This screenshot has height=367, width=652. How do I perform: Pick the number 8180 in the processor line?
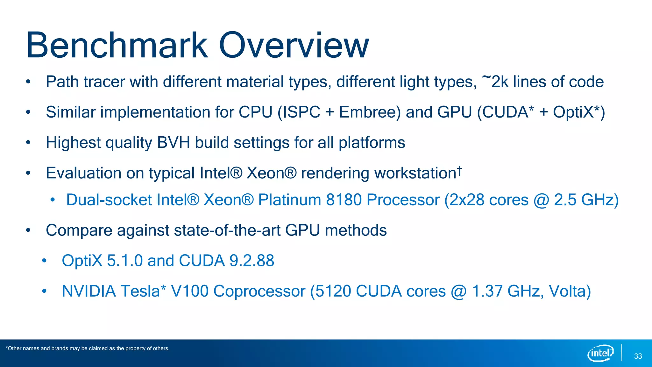(x=344, y=200)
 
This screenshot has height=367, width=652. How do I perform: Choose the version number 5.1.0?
(x=124, y=261)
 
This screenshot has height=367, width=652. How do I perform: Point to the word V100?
(x=189, y=291)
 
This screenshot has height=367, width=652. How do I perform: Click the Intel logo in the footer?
(x=600, y=353)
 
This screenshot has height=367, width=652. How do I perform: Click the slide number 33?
(x=638, y=356)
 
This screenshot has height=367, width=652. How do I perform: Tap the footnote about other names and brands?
(x=88, y=349)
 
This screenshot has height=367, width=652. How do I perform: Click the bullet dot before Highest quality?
(x=28, y=143)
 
